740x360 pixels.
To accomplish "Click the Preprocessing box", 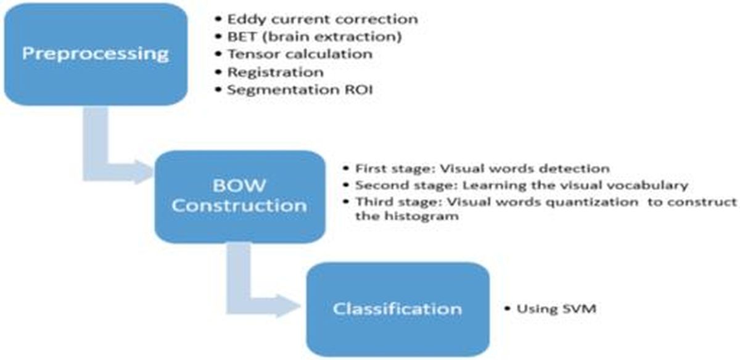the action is [96, 54].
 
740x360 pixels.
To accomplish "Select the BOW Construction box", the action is [240, 197].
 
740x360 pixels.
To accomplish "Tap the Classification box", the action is [398, 309].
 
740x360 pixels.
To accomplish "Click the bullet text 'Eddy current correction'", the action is [323, 20].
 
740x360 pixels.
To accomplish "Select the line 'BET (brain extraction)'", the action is [314, 36].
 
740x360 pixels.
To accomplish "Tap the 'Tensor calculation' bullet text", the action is [300, 54].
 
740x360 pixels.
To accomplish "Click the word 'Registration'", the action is [276, 72].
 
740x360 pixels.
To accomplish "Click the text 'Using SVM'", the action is [556, 309].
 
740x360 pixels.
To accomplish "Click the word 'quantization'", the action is [592, 202].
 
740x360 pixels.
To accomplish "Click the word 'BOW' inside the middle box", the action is [239, 186].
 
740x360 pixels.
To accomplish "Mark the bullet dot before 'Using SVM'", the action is [508, 309].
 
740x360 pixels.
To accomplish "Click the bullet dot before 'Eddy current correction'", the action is [218, 19].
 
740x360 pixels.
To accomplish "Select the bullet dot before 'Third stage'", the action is [346, 201].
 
